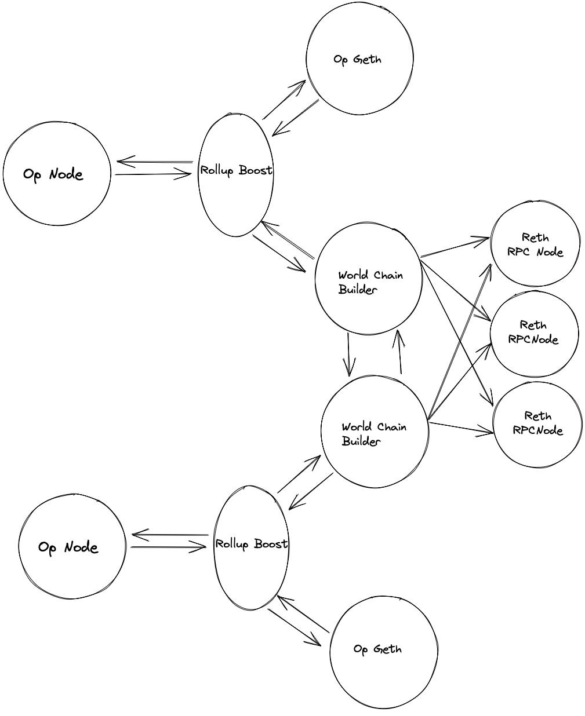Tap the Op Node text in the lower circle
pos(68,547)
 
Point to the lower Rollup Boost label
pos(251,544)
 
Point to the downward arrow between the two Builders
pos(348,354)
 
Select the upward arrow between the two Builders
pos(399,352)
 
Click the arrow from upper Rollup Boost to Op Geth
pos(284,100)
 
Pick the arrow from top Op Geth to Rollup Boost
pos(296,118)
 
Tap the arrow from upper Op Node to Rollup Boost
pos(154,174)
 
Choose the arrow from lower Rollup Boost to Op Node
pos(169,535)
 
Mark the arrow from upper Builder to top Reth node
pos(456,246)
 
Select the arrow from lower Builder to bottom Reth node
pos(461,428)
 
